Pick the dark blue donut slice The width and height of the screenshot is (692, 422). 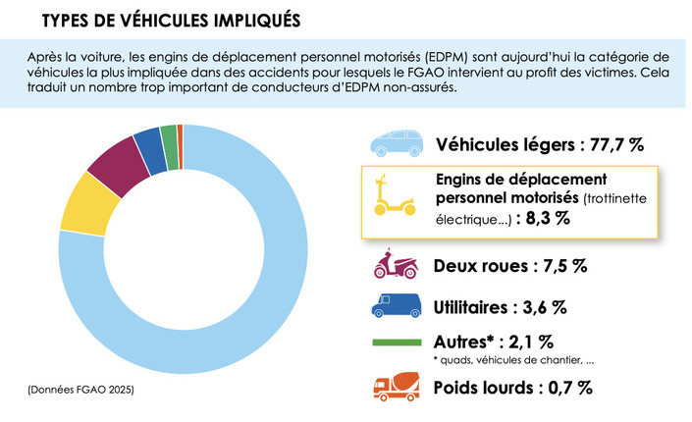[151, 151]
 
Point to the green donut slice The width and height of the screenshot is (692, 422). [171, 148]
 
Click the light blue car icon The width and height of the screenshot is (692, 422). [397, 143]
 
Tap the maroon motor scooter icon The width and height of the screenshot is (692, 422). [396, 264]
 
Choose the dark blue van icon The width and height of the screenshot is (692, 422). [397, 305]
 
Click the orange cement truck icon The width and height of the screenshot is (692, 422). [397, 387]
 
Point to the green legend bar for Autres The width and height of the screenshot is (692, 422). [397, 343]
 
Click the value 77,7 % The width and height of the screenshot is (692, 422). [617, 144]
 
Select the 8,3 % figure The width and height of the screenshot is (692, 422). [548, 218]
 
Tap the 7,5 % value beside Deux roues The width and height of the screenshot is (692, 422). [565, 266]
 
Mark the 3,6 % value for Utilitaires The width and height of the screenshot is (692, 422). [545, 307]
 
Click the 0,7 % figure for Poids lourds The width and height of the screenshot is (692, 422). [570, 388]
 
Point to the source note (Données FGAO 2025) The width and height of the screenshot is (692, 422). [80, 390]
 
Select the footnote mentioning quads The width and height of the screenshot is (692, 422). [513, 360]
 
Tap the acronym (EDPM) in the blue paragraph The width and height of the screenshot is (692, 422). [447, 57]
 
